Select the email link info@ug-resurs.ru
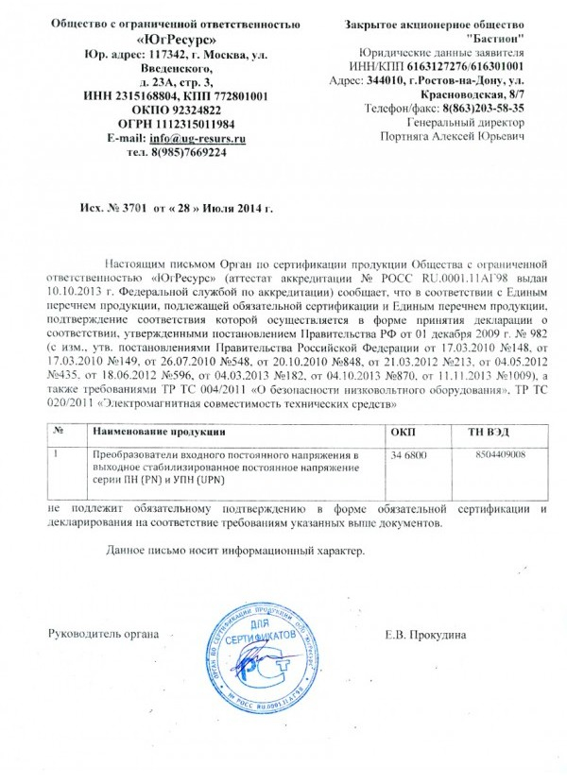point(198,138)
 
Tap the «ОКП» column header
point(403,432)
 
